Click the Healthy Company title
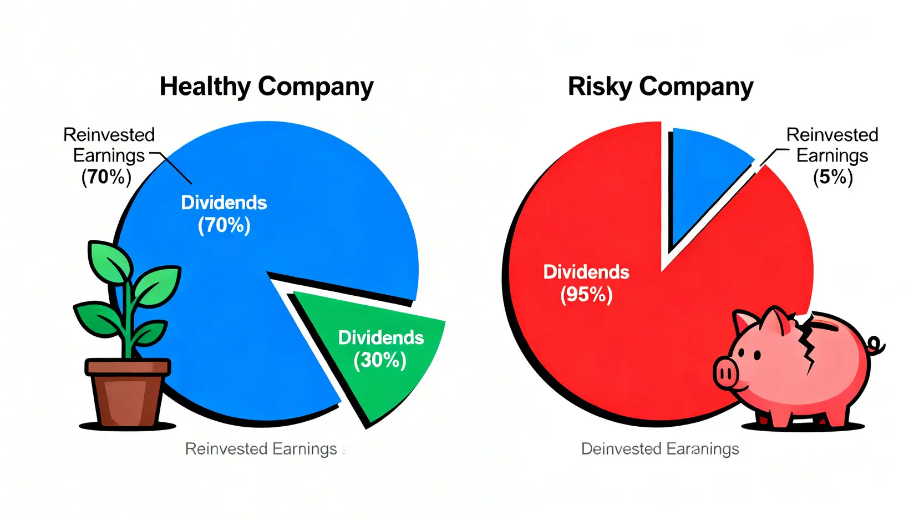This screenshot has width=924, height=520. pos(266,87)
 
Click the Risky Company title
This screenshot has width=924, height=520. pos(660,87)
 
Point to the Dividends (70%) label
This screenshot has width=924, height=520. pos(224,214)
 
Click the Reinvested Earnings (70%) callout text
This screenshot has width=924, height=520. pos(108,156)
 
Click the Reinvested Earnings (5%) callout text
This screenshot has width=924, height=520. pos(832,156)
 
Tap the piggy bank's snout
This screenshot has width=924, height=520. pos(725,373)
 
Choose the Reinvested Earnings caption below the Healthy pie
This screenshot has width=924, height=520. pos(261,448)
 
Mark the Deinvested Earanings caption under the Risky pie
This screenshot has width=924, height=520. pos(660,448)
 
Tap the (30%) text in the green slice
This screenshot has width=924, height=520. pos(380,361)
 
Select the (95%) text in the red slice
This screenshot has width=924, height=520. pos(586,295)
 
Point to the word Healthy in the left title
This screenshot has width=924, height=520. pos(205,87)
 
